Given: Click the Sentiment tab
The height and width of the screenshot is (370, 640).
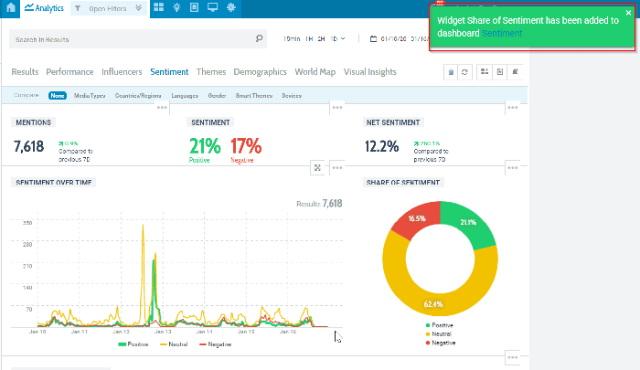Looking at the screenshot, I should pos(169,71).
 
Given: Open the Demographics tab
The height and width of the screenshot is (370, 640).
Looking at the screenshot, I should pos(260,71).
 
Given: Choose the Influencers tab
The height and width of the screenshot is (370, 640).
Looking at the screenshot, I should pos(122,71).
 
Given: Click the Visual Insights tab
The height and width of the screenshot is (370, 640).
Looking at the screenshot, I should pos(370,71).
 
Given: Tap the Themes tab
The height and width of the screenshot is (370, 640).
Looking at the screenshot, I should pos(211,71).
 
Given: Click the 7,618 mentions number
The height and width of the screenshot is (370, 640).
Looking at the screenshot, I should pos(29,145).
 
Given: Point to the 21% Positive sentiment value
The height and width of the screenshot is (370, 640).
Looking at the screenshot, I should pos(205,145).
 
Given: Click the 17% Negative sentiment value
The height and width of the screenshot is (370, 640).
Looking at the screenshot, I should pos(245,145).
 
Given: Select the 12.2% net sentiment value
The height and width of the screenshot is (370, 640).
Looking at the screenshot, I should pos(381,146).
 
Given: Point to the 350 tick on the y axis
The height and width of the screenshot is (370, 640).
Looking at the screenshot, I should pos(27,223).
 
